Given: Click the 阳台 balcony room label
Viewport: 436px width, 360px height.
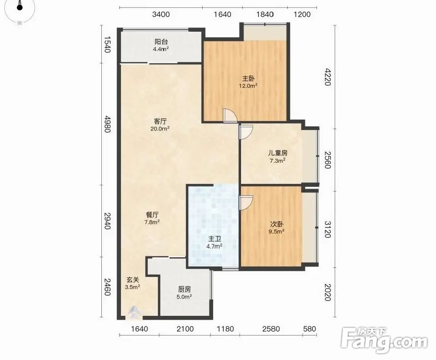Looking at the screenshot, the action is click(161, 42).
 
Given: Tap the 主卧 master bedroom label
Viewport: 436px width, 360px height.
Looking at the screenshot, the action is click(248, 79).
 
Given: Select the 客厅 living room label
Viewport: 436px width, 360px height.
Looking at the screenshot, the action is click(160, 121).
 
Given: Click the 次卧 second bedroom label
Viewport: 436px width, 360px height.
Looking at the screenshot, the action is click(277, 224).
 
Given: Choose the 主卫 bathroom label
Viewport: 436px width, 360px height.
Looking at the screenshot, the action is click(215, 239).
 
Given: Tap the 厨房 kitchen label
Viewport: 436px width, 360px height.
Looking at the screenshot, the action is click(184, 289).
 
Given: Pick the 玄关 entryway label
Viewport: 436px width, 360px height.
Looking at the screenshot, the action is click(133, 280).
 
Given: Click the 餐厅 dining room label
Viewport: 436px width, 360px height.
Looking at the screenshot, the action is click(152, 215).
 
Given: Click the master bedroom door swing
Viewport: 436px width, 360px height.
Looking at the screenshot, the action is click(230, 116).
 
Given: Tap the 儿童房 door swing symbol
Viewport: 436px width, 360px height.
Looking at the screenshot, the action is click(246, 132).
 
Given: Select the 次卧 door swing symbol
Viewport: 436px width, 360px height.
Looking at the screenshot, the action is click(246, 203).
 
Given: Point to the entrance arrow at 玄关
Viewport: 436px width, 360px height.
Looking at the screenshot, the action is click(134, 312).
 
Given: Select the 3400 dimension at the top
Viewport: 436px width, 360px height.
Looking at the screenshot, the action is click(161, 14).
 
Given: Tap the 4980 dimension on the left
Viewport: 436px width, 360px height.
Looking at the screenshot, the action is click(108, 124).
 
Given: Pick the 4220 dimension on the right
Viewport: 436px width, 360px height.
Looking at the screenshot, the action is click(328, 77).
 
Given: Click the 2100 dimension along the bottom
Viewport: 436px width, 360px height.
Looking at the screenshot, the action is click(185, 329).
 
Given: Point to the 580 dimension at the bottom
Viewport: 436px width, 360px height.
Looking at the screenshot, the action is click(310, 329).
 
